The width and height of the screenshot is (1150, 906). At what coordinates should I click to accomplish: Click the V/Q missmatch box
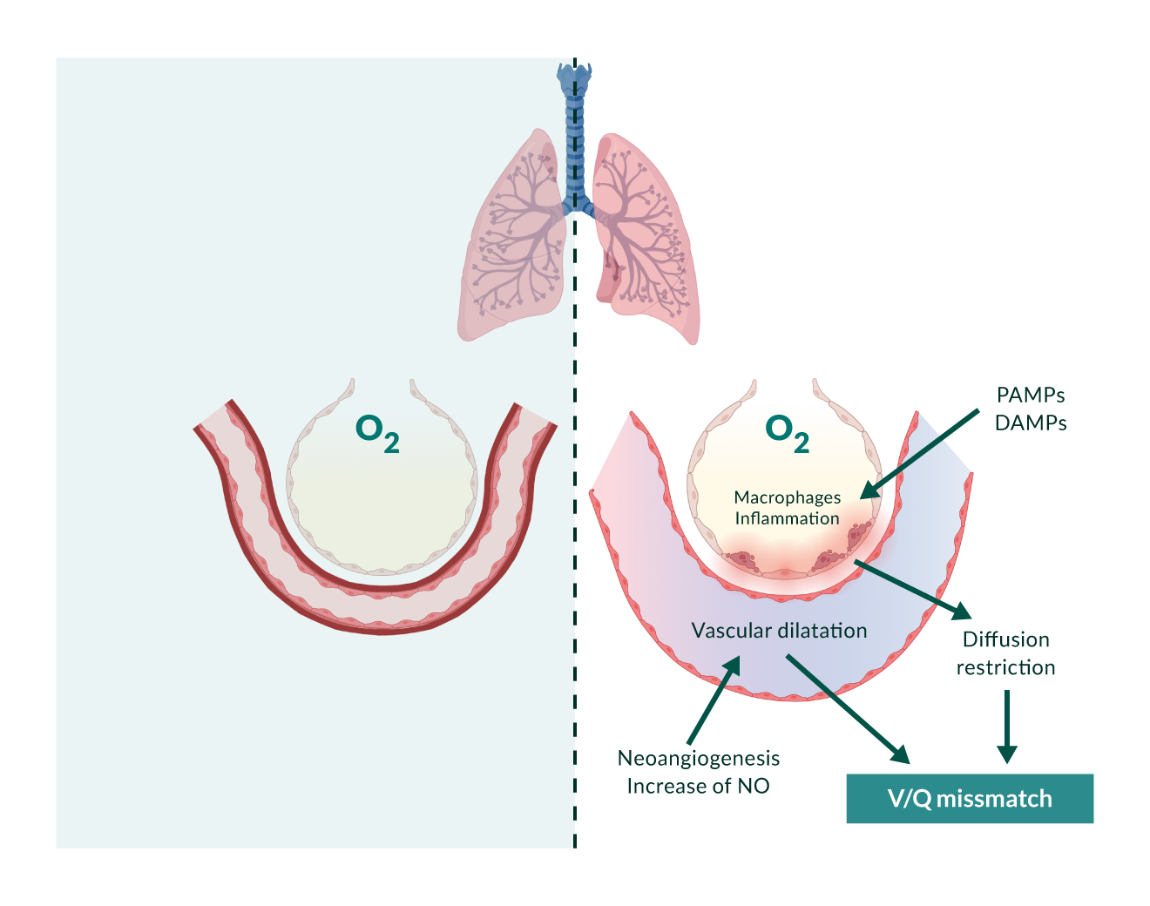(x=970, y=799)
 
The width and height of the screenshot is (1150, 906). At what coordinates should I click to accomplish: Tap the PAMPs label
(x=1031, y=396)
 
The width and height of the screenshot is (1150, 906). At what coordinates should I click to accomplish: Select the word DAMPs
(x=1031, y=423)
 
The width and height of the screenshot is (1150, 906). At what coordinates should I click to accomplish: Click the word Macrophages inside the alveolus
(x=787, y=497)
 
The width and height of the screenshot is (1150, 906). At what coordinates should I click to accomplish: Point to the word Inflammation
(x=787, y=518)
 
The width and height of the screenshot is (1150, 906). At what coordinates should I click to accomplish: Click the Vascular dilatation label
(x=779, y=631)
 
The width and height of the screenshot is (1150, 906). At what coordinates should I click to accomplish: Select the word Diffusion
(x=1005, y=639)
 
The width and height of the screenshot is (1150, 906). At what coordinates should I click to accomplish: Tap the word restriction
(x=1005, y=667)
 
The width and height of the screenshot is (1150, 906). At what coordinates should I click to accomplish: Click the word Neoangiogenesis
(x=698, y=759)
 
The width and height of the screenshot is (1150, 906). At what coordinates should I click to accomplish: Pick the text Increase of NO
(x=698, y=787)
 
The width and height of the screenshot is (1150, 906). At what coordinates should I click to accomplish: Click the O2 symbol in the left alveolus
(x=376, y=432)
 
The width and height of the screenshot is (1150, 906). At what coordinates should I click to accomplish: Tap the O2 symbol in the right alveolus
(x=786, y=432)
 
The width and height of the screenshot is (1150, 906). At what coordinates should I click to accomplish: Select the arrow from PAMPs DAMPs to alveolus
(x=920, y=454)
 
